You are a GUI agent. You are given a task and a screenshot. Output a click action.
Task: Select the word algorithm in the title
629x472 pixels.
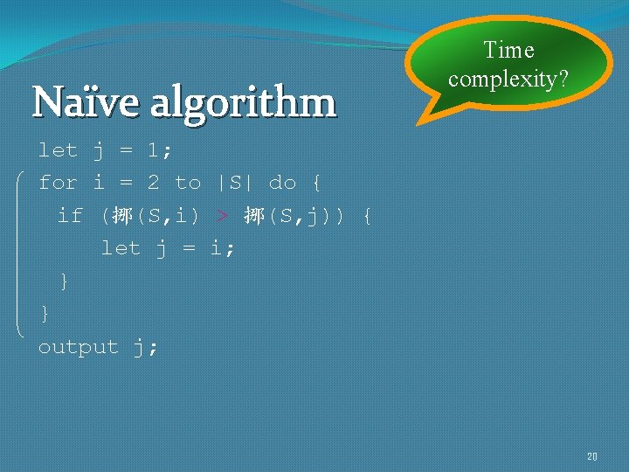tap(243, 104)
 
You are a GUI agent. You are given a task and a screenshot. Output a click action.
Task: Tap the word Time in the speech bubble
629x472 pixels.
tap(508, 51)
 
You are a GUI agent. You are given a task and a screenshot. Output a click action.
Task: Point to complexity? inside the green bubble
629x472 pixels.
tap(508, 80)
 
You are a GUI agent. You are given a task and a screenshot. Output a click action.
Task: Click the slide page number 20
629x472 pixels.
tap(591, 456)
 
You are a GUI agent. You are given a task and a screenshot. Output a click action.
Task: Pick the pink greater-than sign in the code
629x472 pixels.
tap(224, 215)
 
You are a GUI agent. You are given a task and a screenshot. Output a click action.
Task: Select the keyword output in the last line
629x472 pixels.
tap(78, 347)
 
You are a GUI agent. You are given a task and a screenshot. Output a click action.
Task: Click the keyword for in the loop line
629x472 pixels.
tap(58, 183)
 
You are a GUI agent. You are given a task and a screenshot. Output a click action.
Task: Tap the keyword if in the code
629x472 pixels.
tap(70, 215)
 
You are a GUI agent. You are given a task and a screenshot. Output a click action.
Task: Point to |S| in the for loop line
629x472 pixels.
tap(234, 183)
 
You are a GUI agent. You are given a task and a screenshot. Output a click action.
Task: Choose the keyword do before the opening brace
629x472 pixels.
tap(282, 183)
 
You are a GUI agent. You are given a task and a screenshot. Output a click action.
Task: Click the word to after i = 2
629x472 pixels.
tap(188, 183)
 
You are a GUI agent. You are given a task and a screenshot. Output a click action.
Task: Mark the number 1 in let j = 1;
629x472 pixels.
tap(153, 150)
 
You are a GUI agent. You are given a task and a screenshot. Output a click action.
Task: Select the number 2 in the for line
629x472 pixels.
tap(153, 183)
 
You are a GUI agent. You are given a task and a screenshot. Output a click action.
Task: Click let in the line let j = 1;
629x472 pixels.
tap(58, 150)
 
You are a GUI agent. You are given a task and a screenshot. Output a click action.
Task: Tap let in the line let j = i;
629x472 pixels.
tap(121, 248)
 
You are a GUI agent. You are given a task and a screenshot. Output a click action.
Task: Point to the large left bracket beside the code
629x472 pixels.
tap(21, 253)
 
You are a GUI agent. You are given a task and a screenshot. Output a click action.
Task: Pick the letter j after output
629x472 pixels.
tap(141, 347)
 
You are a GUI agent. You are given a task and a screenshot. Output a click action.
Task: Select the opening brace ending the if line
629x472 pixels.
tap(366, 215)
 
